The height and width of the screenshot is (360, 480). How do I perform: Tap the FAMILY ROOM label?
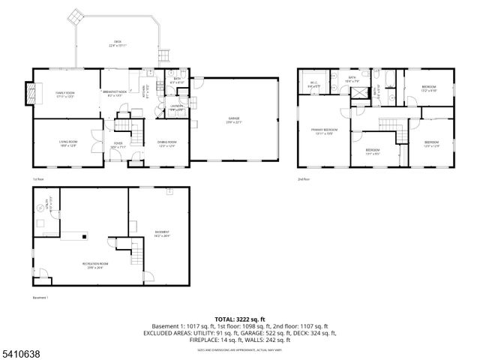pyautogui.click(x=64, y=93)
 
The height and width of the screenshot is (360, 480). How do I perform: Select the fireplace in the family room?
pyautogui.click(x=31, y=93)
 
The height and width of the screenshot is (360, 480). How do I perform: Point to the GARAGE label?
pyautogui.click(x=235, y=120)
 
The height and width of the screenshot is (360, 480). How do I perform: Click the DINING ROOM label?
pyautogui.click(x=166, y=143)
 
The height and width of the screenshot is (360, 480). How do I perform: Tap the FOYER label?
pyautogui.click(x=118, y=144)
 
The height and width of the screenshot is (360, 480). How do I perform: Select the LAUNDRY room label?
pyautogui.click(x=177, y=107)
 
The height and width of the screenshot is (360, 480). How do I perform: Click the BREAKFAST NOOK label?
pyautogui.click(x=113, y=93)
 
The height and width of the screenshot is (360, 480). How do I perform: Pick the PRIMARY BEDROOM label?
pyautogui.click(x=325, y=131)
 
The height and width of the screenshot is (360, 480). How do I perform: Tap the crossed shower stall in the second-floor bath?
pyautogui.click(x=361, y=93)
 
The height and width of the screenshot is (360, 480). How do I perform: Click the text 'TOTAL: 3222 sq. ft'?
pyautogui.click(x=239, y=319)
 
